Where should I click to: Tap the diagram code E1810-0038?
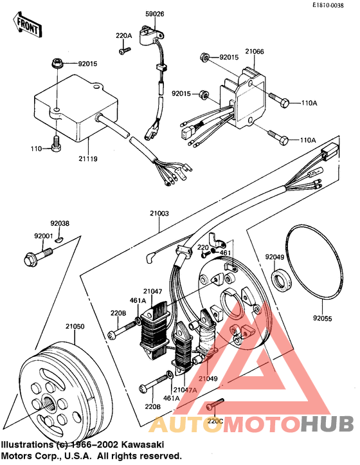click(332, 5)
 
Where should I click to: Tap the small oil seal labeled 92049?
click(281, 281)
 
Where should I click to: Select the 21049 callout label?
click(209, 378)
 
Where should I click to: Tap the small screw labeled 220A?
click(122, 50)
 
